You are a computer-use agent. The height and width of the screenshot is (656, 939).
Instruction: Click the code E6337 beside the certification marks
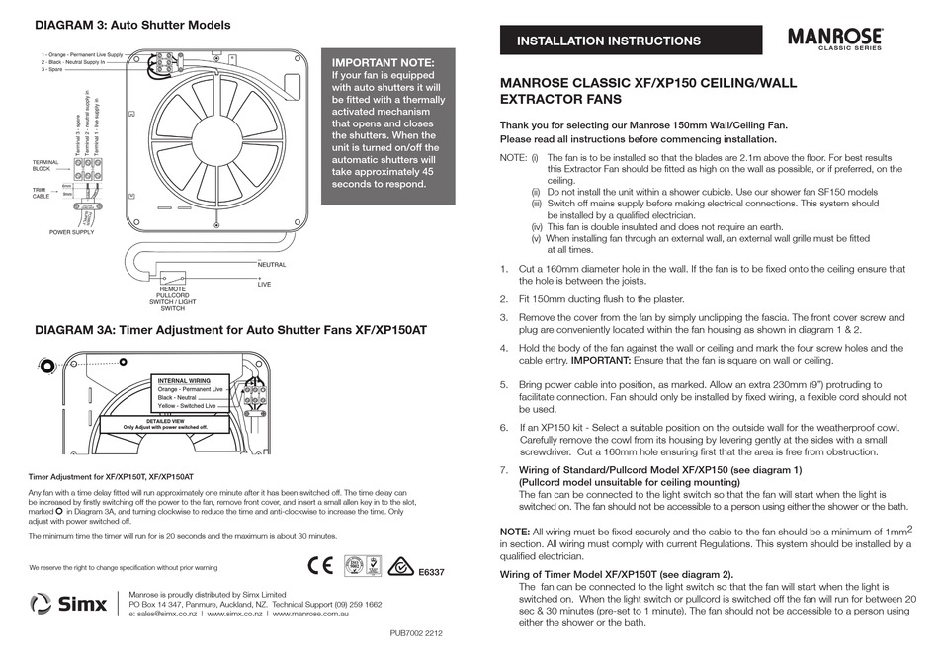click(x=432, y=573)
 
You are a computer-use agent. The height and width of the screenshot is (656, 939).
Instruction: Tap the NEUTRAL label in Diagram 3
click(x=272, y=265)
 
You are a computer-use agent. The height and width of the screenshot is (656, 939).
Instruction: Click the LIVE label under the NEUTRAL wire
click(x=265, y=284)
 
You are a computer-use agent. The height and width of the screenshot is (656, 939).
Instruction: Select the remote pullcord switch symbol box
click(x=175, y=278)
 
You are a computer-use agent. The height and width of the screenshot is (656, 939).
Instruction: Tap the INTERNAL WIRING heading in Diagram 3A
click(x=184, y=380)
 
